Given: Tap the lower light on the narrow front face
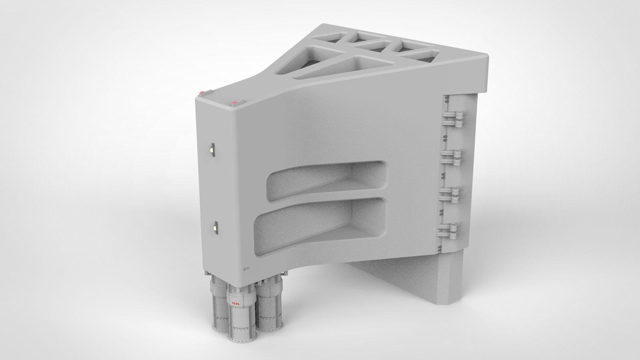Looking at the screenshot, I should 215,228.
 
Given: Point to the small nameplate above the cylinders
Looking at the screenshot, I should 246,269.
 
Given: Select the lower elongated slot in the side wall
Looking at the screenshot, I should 320,222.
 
